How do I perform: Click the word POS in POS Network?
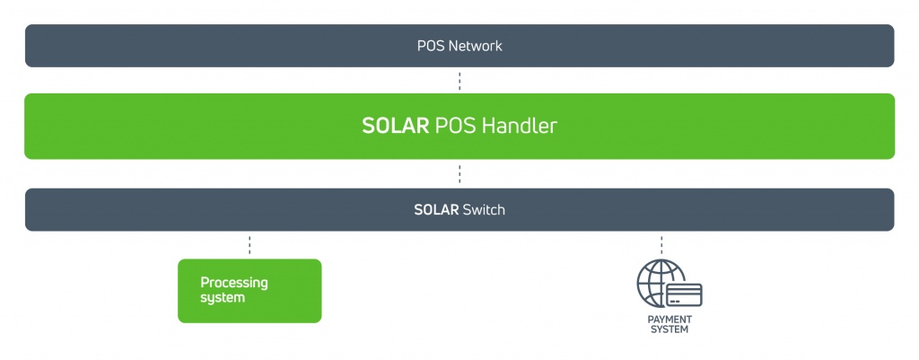[x=431, y=46]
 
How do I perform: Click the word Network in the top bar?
[x=476, y=46]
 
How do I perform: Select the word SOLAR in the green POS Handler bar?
[x=396, y=126]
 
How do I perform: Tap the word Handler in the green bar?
[x=519, y=126]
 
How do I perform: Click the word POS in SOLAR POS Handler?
[x=455, y=126]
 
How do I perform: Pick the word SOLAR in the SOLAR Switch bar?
[x=436, y=210]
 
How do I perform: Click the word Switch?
[x=484, y=210]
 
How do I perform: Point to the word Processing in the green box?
[x=234, y=284]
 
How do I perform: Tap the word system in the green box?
[x=223, y=298]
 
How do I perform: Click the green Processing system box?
[x=249, y=291]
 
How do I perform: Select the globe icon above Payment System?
[x=661, y=283]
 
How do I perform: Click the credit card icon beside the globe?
[x=684, y=295]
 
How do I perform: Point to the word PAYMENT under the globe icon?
[x=670, y=320]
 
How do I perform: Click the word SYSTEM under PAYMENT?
[x=670, y=329]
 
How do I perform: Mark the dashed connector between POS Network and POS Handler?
[x=459, y=81]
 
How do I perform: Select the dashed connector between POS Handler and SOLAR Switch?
[x=459, y=174]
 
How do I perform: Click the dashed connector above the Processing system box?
[x=249, y=245]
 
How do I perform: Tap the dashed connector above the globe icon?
[x=661, y=245]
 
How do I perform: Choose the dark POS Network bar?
[x=459, y=46]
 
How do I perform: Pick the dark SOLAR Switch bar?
[x=459, y=210]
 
